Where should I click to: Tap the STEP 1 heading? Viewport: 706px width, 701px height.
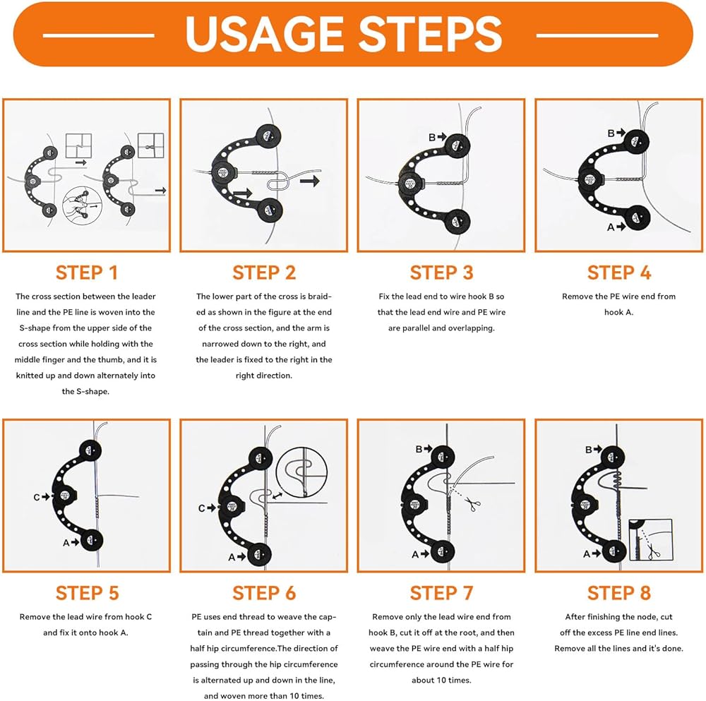(86, 272)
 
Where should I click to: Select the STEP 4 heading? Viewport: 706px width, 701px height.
(619, 272)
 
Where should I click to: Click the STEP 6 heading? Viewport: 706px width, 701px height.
(264, 593)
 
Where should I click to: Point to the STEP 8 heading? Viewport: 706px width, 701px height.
(619, 593)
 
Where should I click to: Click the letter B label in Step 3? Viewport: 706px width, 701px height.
(432, 137)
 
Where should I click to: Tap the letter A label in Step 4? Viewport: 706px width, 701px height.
(611, 227)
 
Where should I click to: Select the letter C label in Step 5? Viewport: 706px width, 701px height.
(37, 497)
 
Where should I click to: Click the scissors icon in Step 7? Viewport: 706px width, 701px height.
(472, 504)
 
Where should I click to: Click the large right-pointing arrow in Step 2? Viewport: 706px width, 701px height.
(310, 181)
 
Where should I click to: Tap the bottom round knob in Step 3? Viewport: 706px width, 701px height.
(457, 222)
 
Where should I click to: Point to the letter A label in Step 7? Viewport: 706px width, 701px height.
(415, 555)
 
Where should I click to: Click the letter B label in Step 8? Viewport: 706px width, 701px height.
(589, 449)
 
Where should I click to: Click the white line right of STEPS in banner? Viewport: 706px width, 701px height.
(597, 35)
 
